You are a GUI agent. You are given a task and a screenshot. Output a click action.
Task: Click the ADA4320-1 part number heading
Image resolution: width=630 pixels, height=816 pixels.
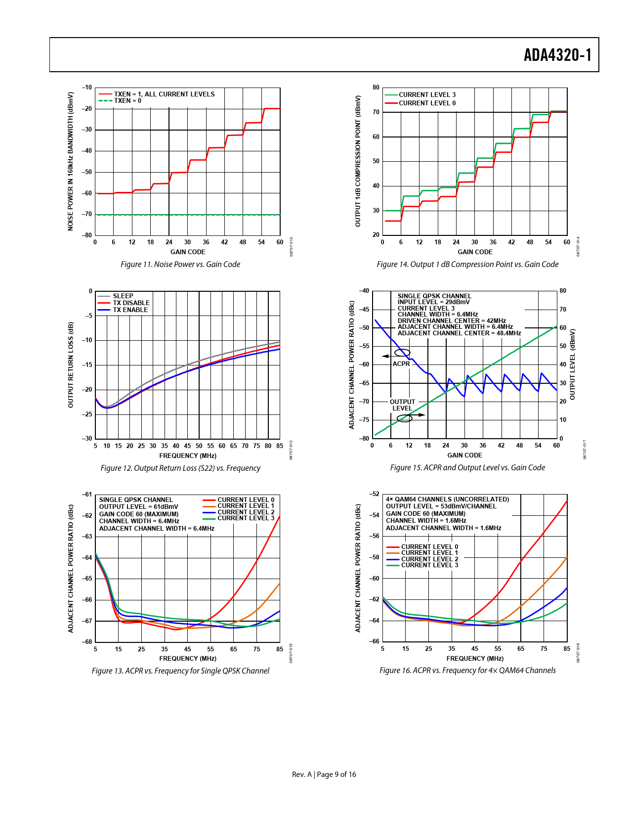click(557, 55)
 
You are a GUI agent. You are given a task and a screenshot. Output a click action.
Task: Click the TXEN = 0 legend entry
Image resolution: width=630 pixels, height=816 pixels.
click(127, 101)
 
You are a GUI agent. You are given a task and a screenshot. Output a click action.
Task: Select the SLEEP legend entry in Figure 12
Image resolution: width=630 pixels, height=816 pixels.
click(123, 296)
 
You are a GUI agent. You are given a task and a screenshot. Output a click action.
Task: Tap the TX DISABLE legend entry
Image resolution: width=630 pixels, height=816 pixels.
click(131, 303)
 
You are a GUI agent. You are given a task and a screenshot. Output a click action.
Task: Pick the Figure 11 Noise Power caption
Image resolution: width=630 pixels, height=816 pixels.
click(180, 265)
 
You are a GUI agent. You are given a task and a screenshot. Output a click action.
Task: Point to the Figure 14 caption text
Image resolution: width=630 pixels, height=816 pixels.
click(467, 265)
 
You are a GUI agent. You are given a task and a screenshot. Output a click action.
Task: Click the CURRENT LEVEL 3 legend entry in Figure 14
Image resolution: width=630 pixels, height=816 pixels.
click(427, 95)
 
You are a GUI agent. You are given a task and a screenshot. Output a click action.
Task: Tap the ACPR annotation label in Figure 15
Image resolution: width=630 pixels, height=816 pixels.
click(401, 364)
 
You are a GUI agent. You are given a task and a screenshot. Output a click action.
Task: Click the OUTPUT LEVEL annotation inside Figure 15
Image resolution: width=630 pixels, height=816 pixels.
click(402, 405)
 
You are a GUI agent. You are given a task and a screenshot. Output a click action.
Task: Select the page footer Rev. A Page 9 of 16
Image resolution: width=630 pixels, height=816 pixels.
click(324, 774)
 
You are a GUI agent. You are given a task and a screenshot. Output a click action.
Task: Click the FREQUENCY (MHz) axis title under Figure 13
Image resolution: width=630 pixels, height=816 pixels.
click(188, 659)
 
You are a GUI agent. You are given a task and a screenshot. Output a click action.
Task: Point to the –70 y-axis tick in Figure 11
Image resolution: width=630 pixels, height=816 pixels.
click(87, 214)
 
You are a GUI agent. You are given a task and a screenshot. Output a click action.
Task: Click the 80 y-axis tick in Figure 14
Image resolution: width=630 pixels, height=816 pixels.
click(376, 88)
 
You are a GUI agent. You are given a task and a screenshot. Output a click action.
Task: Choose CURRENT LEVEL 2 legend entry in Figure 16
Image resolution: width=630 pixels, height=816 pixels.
click(429, 559)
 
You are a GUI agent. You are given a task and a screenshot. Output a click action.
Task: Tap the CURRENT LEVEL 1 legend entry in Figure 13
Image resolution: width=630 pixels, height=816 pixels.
click(246, 506)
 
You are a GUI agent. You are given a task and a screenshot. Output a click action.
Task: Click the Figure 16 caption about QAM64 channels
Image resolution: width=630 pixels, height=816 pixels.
click(467, 671)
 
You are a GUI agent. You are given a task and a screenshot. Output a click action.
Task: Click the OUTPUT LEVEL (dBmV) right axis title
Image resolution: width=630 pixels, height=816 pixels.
click(573, 364)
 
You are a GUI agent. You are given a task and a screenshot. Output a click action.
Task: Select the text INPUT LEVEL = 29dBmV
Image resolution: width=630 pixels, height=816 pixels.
click(434, 302)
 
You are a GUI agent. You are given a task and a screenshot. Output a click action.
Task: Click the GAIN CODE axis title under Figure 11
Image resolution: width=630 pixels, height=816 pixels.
click(188, 252)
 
